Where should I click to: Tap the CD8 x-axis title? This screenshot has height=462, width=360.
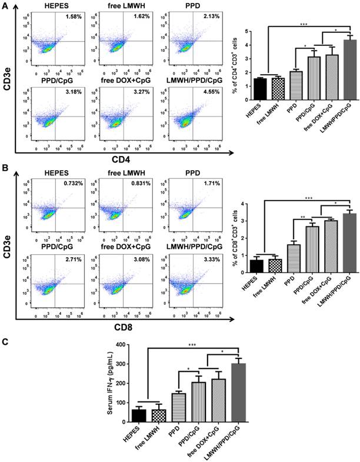tap(121, 321)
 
